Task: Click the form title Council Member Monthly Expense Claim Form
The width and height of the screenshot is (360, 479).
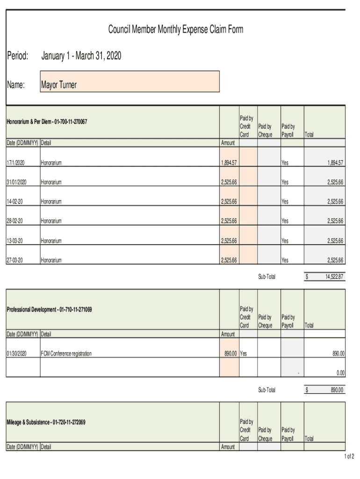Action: click(x=176, y=30)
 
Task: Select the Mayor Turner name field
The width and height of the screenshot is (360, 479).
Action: click(x=130, y=82)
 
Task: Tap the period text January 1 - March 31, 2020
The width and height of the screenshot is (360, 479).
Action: click(x=81, y=56)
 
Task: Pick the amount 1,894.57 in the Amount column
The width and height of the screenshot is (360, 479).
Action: click(x=229, y=163)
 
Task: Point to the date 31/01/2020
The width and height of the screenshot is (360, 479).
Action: click(x=17, y=182)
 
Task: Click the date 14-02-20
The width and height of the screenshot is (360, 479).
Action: click(x=14, y=202)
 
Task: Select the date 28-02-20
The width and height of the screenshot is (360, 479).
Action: click(x=14, y=221)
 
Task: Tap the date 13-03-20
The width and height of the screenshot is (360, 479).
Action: click(x=14, y=241)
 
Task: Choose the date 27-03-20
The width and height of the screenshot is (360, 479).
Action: click(x=14, y=261)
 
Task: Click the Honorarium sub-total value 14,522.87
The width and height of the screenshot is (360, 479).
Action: click(x=334, y=277)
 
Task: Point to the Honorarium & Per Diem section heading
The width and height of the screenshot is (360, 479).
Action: click(x=47, y=122)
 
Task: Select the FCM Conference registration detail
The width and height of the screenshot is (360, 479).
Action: click(x=66, y=354)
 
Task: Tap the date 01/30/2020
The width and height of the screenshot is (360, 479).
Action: click(x=17, y=354)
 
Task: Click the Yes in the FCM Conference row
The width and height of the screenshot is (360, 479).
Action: click(x=244, y=354)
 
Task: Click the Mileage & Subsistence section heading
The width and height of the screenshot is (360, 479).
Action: click(x=46, y=422)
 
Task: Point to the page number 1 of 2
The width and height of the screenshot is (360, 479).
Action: click(x=349, y=456)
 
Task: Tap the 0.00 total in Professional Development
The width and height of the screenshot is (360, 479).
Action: click(x=340, y=373)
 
